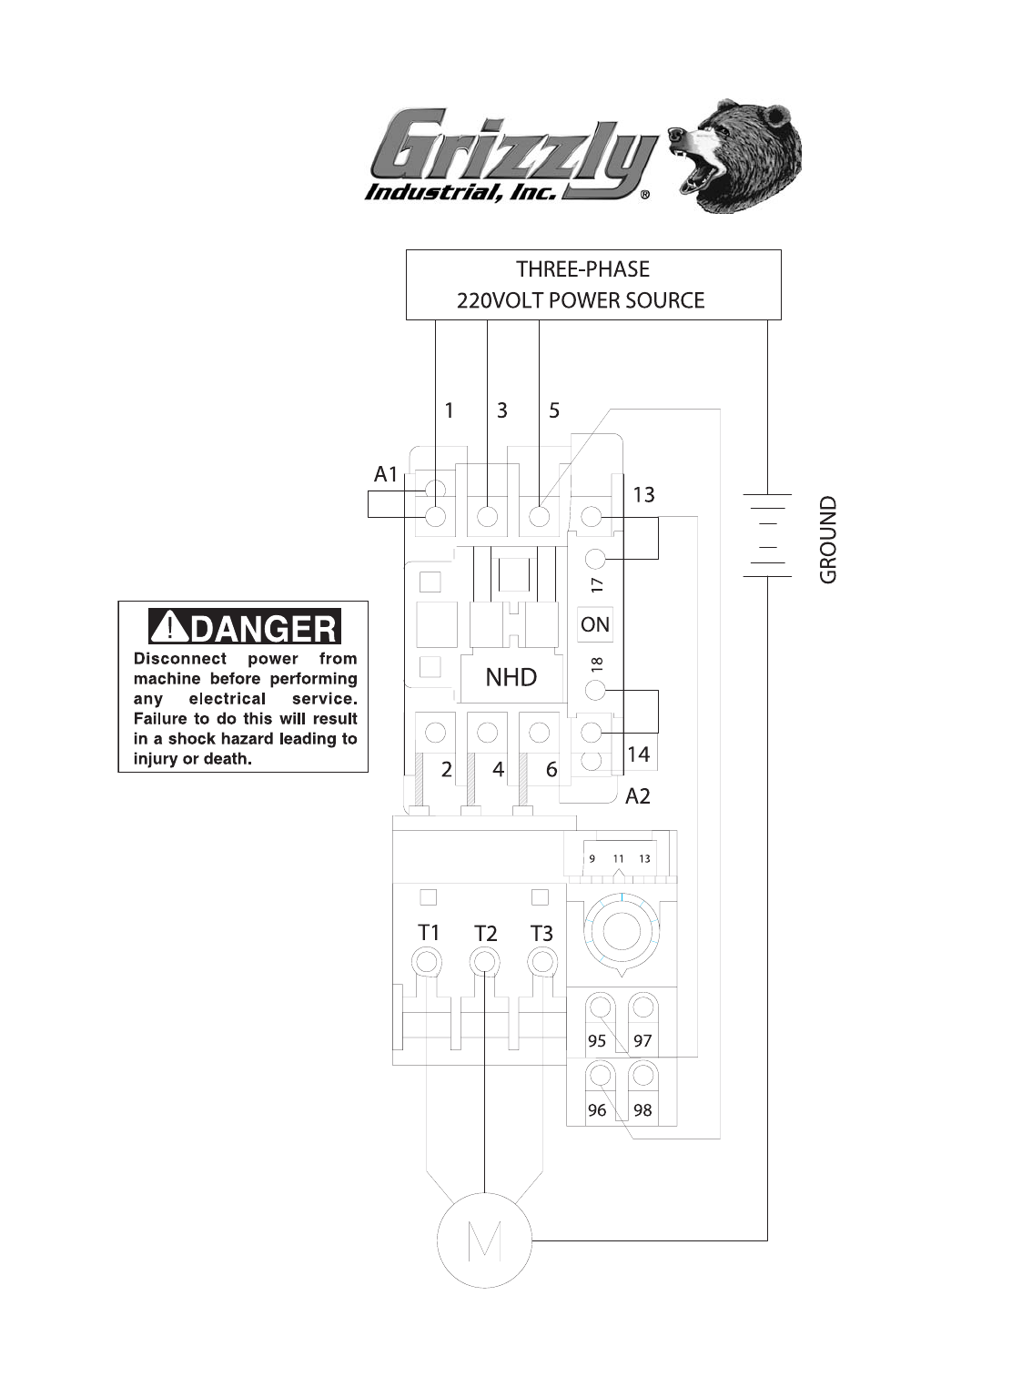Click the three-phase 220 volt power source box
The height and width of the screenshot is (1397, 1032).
coord(592,284)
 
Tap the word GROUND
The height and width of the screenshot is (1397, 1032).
coord(827,540)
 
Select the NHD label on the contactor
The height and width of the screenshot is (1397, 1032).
coord(511,677)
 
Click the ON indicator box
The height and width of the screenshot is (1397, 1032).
coord(594,624)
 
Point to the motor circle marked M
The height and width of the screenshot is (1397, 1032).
coord(484,1240)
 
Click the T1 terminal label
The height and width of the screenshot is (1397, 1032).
coord(429,933)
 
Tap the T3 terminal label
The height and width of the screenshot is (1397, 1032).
coord(541,933)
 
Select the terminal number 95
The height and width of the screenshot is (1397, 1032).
coord(597,1041)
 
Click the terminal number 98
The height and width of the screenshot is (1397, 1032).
coord(642,1110)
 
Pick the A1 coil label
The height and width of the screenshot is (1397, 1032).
coord(386,474)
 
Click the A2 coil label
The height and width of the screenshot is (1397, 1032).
coord(638,796)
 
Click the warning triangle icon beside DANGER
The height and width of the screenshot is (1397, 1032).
coord(169,627)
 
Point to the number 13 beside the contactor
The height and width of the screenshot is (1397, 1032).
coord(643,494)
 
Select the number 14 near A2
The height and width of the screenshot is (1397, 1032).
coord(639,754)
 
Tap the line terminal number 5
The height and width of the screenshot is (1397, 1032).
coord(554,410)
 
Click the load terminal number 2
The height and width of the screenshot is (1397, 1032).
coord(446,770)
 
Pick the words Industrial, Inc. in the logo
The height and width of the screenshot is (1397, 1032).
coord(460,192)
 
